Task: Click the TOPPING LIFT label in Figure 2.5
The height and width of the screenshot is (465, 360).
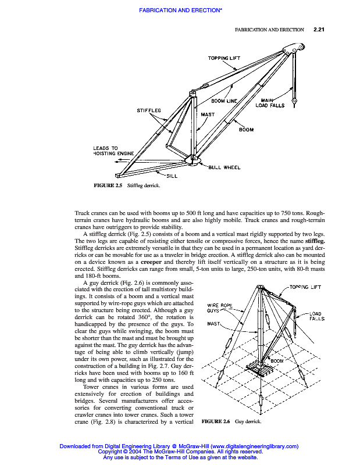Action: pos(224,58)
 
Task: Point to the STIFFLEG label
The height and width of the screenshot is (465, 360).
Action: pos(149,110)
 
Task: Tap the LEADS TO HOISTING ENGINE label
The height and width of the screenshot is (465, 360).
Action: pos(113,151)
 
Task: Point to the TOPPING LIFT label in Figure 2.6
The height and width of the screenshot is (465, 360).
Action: pos(305,287)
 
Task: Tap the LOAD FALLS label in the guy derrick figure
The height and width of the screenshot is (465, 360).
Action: pos(316,316)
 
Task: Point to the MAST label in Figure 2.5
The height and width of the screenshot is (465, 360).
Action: pos(208,115)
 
